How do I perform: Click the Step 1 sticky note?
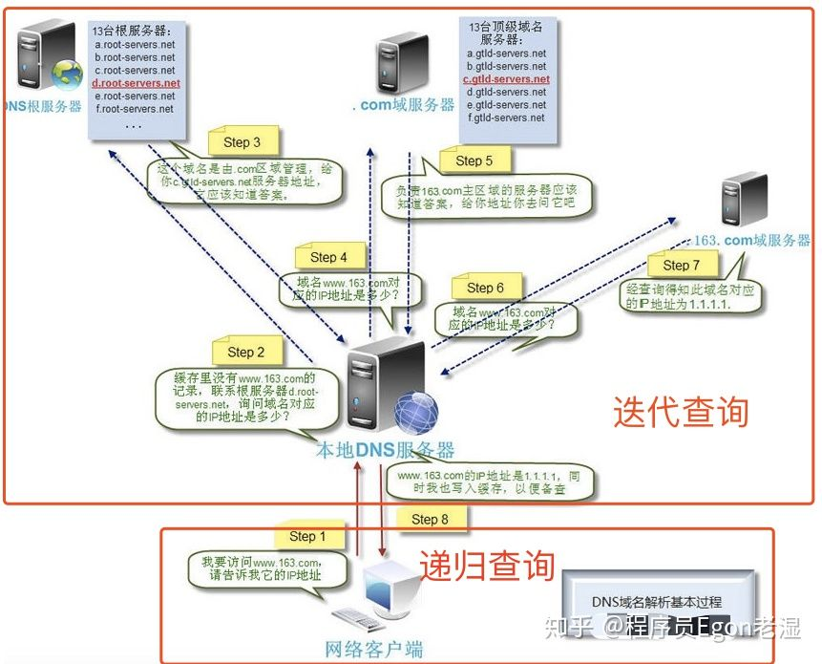coord(307,536)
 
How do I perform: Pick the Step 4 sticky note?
coord(328,257)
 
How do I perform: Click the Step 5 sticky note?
coord(474,161)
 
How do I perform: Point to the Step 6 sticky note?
coord(486,288)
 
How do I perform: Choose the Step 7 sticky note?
coord(682,265)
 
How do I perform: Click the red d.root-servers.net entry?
coord(136,83)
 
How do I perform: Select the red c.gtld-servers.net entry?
coord(506,79)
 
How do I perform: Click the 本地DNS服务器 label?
coord(386,450)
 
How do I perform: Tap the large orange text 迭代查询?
coord(681,412)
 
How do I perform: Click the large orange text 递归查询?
coord(487,565)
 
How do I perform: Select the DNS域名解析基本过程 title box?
coord(657,602)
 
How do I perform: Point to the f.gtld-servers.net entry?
coord(506,118)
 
